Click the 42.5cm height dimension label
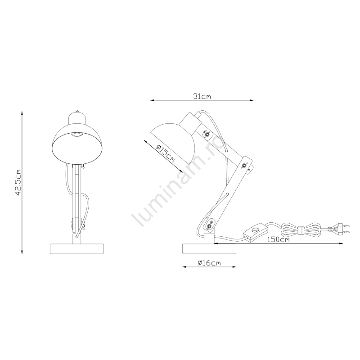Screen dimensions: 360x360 click(18, 183)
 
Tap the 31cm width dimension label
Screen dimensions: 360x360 click(202, 96)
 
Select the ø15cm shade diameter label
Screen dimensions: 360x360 click(165, 153)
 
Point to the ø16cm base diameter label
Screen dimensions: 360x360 click(209, 263)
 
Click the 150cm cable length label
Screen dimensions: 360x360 click(278, 240)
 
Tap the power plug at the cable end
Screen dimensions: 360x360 click(339, 229)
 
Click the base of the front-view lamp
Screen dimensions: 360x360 click(77, 249)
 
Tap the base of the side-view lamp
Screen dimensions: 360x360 click(209, 249)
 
